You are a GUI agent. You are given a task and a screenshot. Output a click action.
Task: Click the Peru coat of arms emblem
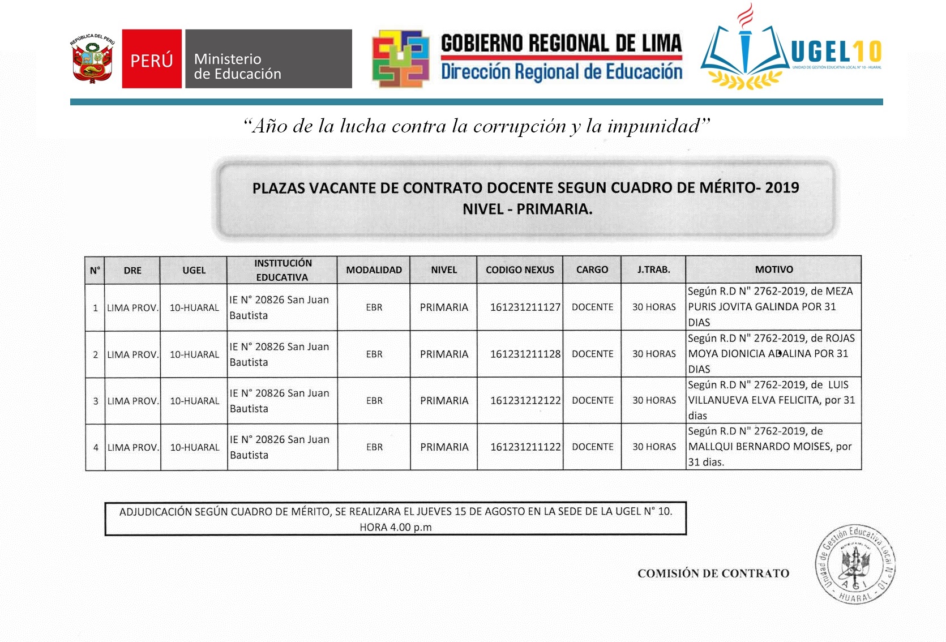(x=92, y=59)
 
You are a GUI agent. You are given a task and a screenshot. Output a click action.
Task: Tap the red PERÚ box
(x=152, y=59)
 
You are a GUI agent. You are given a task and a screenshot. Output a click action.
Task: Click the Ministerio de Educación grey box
(x=268, y=59)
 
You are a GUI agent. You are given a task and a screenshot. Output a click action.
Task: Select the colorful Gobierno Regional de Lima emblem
(x=400, y=59)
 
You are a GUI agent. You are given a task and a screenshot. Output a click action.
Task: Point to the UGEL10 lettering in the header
(x=836, y=52)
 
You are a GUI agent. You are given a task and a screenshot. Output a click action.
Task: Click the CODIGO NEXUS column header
(x=520, y=270)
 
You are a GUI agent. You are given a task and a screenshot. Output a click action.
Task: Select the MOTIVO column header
(x=773, y=269)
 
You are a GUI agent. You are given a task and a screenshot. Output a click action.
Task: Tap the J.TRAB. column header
(x=653, y=269)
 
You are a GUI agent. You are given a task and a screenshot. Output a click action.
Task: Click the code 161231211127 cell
(x=525, y=307)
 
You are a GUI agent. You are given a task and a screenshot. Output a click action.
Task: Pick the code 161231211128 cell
(x=525, y=354)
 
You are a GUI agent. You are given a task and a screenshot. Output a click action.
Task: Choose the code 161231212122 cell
(x=525, y=401)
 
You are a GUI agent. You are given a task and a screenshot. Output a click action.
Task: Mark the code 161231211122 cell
(x=525, y=447)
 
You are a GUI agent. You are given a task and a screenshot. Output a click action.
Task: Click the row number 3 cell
(x=96, y=401)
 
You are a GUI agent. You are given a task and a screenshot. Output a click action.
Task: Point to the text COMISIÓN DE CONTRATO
(x=713, y=573)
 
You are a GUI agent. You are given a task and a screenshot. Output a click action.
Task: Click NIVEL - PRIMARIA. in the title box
(x=527, y=209)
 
